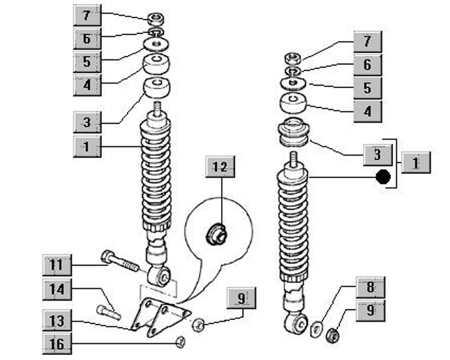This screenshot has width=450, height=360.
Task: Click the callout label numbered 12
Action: coord(222,167)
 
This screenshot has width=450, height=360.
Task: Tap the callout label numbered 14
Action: coord(57,289)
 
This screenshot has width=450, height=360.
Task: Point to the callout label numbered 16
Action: coord(57,342)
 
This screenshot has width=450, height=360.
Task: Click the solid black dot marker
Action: coord(383,177)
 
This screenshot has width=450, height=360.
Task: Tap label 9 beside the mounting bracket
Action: coord(241,299)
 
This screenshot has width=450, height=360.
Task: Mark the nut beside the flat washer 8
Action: coord(333,335)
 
